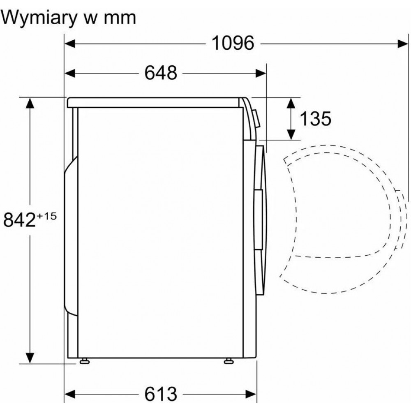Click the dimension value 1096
[x=233, y=43]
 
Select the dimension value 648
[x=161, y=73]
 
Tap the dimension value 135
[x=315, y=119]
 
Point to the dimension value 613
[x=161, y=394]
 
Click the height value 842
[x=19, y=219]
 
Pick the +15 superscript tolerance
[x=47, y=217]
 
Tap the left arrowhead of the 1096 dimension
[x=70, y=44]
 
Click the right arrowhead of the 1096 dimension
[x=403, y=44]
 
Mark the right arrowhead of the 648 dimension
[x=261, y=73]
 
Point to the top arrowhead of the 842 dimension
[x=30, y=103]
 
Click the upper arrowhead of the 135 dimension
[x=291, y=103]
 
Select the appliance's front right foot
[x=229, y=361]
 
